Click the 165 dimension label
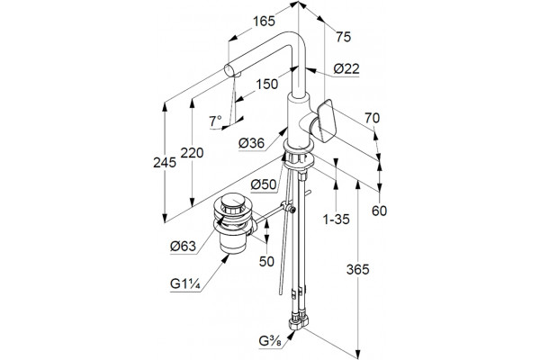click(x=264, y=22)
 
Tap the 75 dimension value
click(x=344, y=37)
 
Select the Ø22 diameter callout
click(x=346, y=69)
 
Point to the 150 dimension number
click(x=267, y=84)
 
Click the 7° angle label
click(x=216, y=121)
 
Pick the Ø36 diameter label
click(x=252, y=142)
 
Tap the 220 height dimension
click(x=193, y=153)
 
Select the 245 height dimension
click(x=165, y=162)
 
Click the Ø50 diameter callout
click(x=264, y=185)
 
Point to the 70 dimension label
click(x=373, y=118)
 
